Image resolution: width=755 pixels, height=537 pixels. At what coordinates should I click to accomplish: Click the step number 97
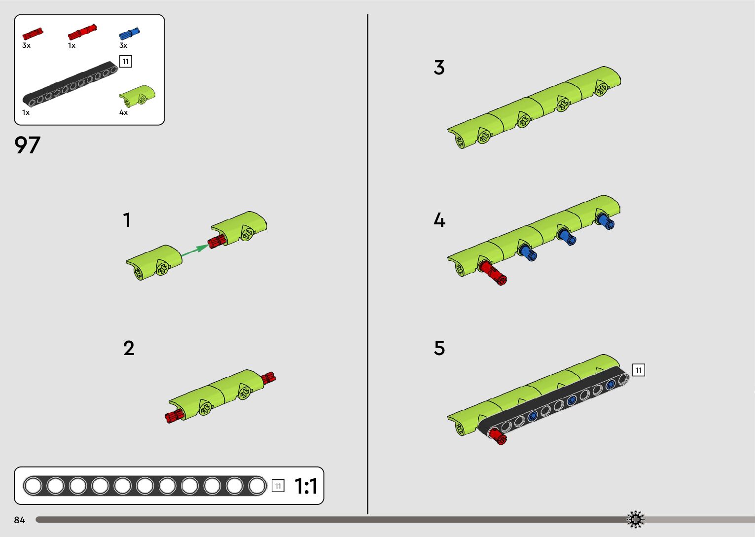(x=27, y=145)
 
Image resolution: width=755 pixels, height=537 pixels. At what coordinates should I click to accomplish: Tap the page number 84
(x=20, y=520)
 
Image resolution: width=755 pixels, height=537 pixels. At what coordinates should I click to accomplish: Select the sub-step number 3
(x=439, y=68)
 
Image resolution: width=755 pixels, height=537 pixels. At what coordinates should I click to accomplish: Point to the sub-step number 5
(x=439, y=348)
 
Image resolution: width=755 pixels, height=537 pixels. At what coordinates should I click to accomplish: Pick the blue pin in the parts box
(x=129, y=34)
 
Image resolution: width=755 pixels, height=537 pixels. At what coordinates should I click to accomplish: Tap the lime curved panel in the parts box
(x=137, y=95)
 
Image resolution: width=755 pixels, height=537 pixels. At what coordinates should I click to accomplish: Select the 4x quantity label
(x=123, y=112)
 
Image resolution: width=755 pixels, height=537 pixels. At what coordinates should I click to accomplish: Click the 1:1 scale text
(x=306, y=486)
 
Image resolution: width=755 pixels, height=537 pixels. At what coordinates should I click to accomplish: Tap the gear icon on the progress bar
(x=636, y=519)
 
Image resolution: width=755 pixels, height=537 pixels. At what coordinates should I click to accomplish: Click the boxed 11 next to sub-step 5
(x=639, y=370)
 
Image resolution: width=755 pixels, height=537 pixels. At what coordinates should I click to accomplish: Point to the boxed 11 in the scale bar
(x=278, y=486)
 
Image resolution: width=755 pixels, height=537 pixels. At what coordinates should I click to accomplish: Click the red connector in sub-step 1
(x=216, y=242)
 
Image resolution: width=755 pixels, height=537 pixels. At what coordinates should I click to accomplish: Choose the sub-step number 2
(x=129, y=349)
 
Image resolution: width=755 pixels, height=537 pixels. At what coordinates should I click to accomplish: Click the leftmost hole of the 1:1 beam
(x=33, y=486)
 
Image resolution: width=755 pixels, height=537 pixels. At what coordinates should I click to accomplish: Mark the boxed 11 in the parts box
(x=126, y=62)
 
